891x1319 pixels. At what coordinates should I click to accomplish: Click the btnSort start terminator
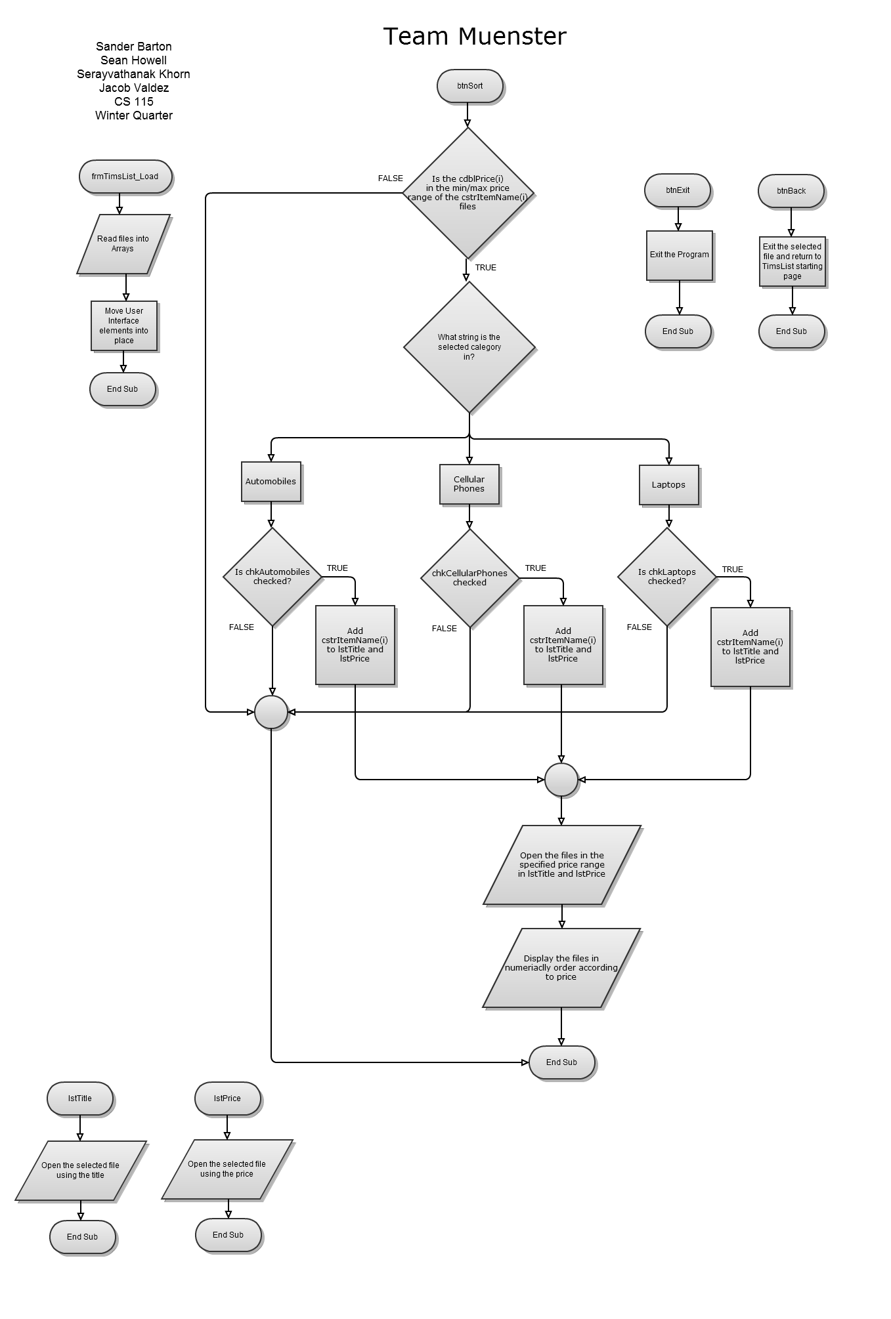coord(470,86)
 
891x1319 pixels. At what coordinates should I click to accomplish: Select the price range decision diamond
coord(467,193)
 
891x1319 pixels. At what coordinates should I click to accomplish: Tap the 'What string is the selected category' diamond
coord(469,347)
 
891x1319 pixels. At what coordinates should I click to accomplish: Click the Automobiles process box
coord(271,482)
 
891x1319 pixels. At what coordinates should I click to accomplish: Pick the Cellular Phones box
coord(469,484)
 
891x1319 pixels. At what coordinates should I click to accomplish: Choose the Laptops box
coord(668,485)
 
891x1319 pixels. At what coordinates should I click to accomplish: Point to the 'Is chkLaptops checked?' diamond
coord(667,577)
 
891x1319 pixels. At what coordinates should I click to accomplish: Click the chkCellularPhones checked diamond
coord(469,577)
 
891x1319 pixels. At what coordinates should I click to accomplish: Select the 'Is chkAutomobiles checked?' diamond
coord(272,577)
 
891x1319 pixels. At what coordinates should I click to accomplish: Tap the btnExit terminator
coord(678,191)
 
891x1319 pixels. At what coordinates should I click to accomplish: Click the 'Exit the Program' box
coord(680,255)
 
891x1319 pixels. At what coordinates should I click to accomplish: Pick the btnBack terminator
coord(791,191)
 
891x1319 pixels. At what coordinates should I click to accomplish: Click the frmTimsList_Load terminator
coord(125,177)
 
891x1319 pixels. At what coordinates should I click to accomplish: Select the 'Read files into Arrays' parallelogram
coord(123,244)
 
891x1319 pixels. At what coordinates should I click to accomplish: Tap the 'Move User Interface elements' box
coord(124,325)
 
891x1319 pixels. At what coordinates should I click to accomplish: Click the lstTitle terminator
coord(80,1099)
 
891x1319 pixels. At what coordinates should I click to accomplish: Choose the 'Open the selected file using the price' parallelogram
coord(227,1169)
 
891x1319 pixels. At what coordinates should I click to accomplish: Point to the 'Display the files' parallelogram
coord(561,968)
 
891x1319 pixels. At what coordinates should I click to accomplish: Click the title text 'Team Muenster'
coord(474,37)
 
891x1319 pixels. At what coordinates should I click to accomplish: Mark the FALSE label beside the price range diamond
coord(391,178)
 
